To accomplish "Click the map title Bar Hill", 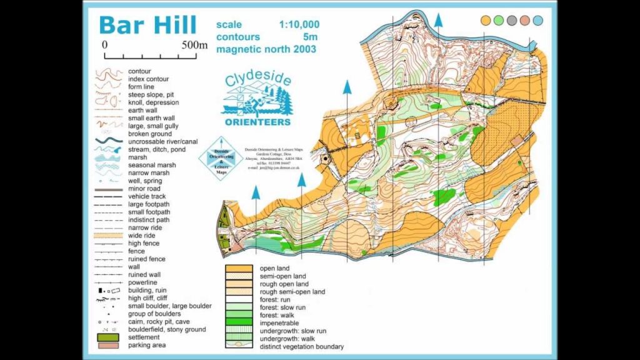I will point(148,25).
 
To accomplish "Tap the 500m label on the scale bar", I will point(194,45).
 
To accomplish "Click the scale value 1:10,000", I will point(299,25).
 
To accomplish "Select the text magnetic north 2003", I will point(266,49).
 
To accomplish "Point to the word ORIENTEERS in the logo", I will point(257,122).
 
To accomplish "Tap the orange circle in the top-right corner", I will point(486,20).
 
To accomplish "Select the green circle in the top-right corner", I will point(499,20).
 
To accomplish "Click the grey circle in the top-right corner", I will point(512,20).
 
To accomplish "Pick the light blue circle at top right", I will point(538,20).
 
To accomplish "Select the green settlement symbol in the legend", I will point(107,337).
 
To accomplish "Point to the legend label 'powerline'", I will point(143,282).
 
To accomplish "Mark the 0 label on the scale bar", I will point(105,45).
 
